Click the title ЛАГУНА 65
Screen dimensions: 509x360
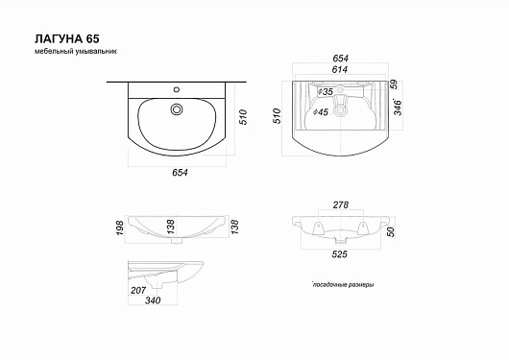(x=67, y=39)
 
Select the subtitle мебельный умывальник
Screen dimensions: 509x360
(x=76, y=51)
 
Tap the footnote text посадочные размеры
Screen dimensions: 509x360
(x=343, y=285)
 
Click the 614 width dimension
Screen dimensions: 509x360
(x=340, y=69)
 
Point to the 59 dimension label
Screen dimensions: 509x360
(x=394, y=84)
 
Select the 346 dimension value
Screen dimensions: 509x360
(x=398, y=108)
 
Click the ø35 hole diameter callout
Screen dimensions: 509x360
(x=325, y=92)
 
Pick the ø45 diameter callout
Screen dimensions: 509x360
(x=321, y=112)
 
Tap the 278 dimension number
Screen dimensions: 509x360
(x=341, y=205)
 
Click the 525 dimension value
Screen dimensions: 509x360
(x=340, y=254)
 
